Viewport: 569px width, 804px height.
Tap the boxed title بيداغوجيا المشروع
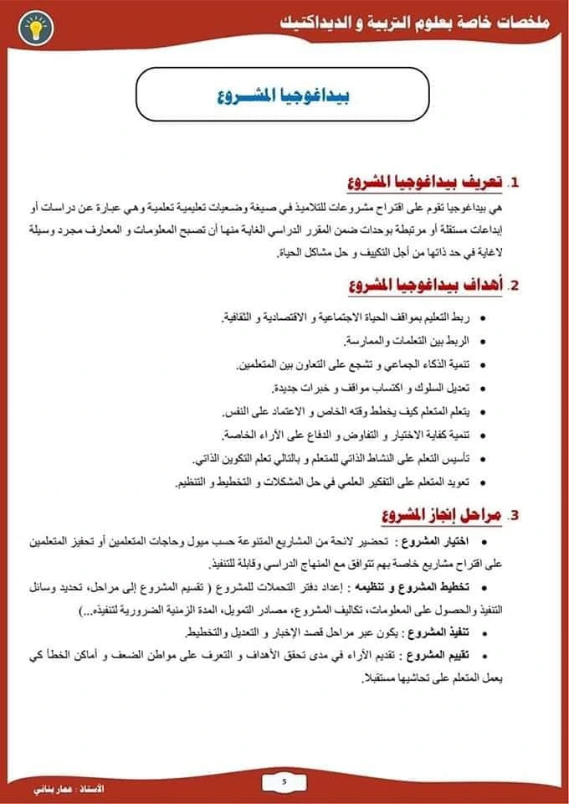tap(285, 95)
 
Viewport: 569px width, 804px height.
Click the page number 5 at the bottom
tap(284, 781)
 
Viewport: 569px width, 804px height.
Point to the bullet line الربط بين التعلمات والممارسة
tap(410, 342)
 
